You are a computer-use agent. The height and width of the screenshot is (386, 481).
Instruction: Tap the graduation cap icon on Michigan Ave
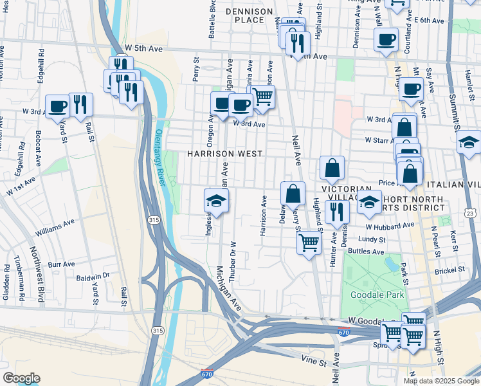tap(216, 201)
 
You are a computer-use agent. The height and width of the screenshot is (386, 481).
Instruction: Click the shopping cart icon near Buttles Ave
tap(309, 243)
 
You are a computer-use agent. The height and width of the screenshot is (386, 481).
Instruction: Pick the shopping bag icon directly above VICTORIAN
tap(332, 169)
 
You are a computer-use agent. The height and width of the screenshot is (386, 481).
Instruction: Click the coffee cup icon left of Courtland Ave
tap(386, 39)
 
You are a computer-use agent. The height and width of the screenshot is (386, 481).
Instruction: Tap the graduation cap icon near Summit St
tap(469, 142)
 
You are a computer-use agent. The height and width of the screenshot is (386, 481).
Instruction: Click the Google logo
tap(21, 378)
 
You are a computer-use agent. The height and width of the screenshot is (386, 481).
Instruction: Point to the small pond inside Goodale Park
tap(390, 264)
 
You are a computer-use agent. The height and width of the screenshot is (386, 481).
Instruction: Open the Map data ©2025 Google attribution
tap(441, 381)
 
